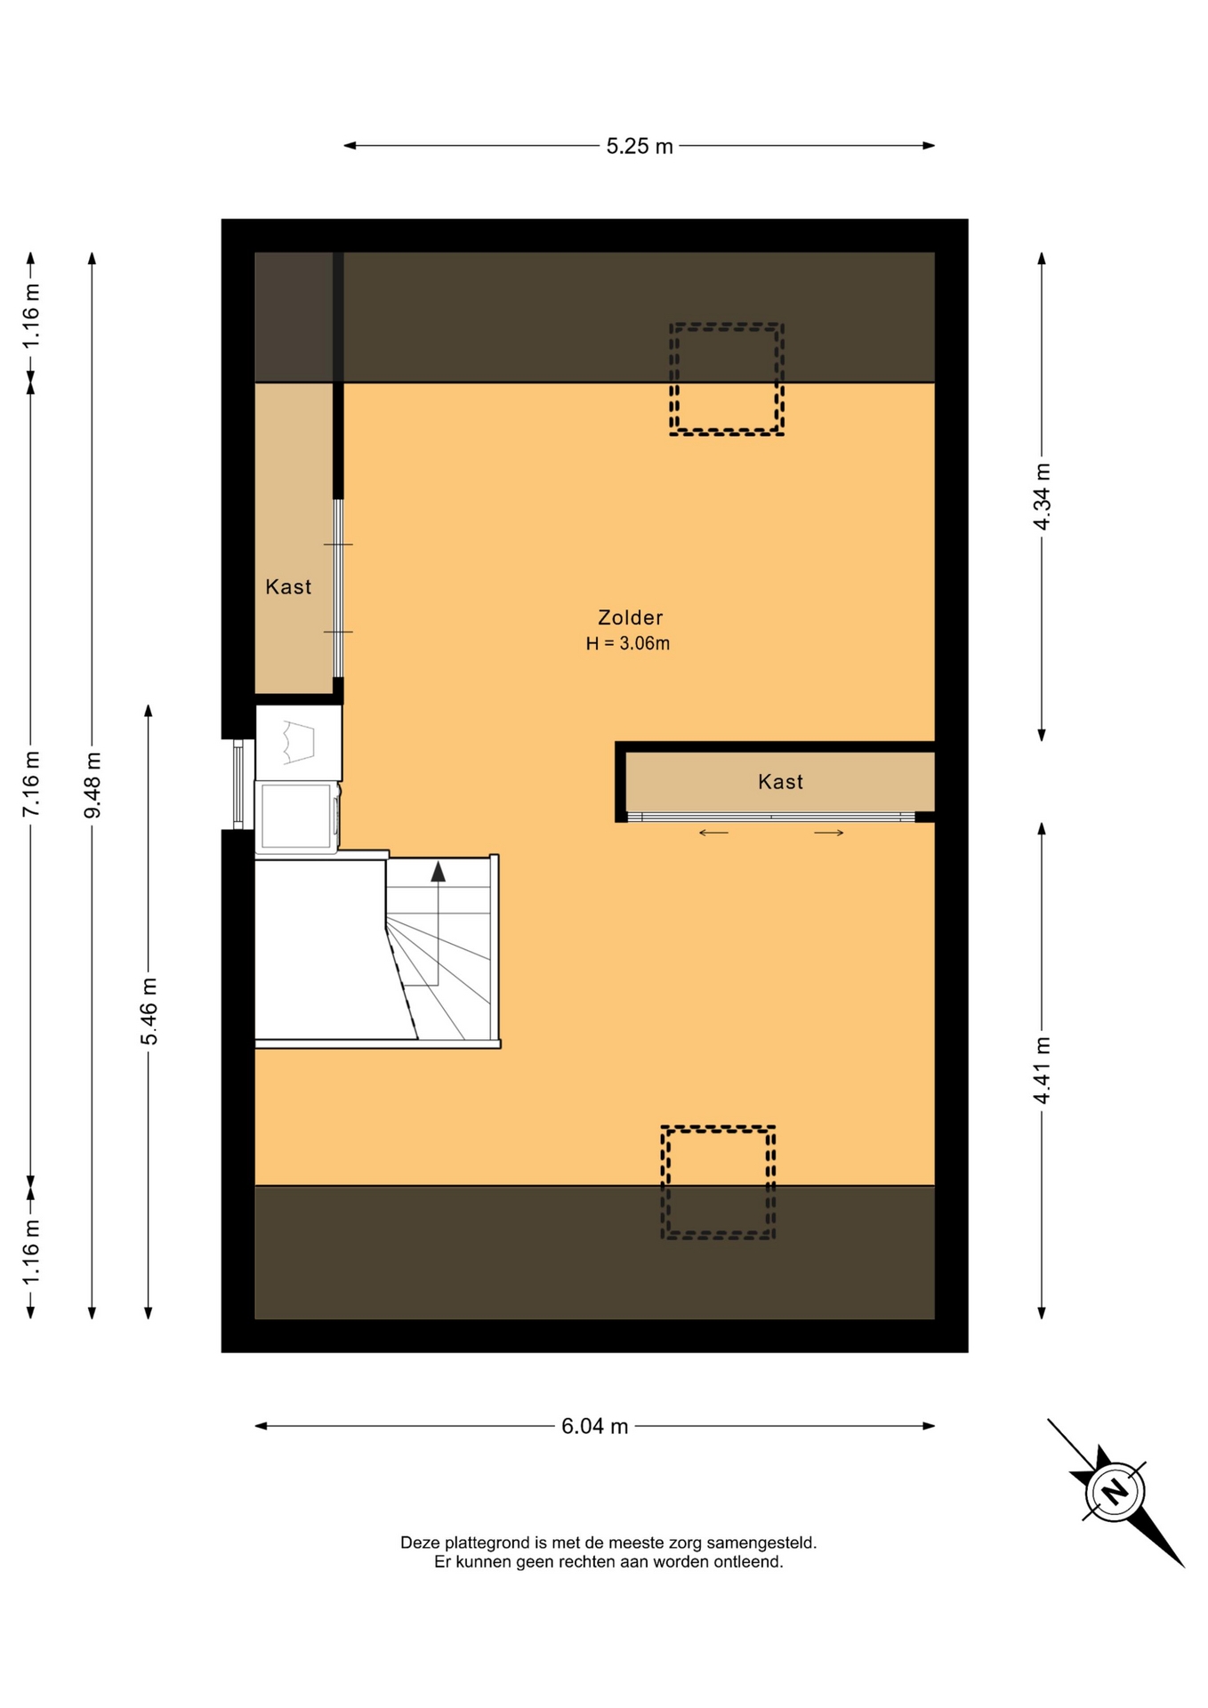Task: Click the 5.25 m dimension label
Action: coord(639,146)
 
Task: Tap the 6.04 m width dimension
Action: coord(594,1426)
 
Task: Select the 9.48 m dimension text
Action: coord(93,785)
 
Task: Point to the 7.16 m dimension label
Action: coord(31,784)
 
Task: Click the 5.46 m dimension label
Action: coord(149,1011)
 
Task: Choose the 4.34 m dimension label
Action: coord(1042,496)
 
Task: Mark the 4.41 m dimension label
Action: coord(1042,1070)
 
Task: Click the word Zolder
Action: coord(630,617)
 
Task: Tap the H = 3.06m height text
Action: coord(628,644)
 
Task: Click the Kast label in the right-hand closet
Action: coord(780,782)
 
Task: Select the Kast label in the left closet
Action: coord(288,587)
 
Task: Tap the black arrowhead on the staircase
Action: coord(438,871)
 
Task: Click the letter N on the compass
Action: coord(1115,1492)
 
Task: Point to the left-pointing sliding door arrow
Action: coord(713,833)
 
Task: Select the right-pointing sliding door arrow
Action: coord(829,833)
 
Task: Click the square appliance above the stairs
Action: coord(297,816)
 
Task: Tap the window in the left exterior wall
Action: coord(238,784)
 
